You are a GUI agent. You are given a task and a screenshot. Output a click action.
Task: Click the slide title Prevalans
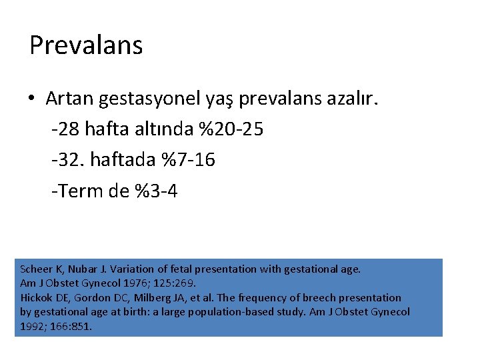coord(86,45)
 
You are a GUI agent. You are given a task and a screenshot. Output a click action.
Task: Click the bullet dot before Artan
coord(32,99)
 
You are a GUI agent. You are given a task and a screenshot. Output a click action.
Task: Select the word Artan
coord(69,99)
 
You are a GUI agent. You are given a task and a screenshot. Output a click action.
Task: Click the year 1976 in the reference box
coord(133,283)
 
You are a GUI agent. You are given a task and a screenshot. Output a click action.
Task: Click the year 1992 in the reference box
coord(32,326)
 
